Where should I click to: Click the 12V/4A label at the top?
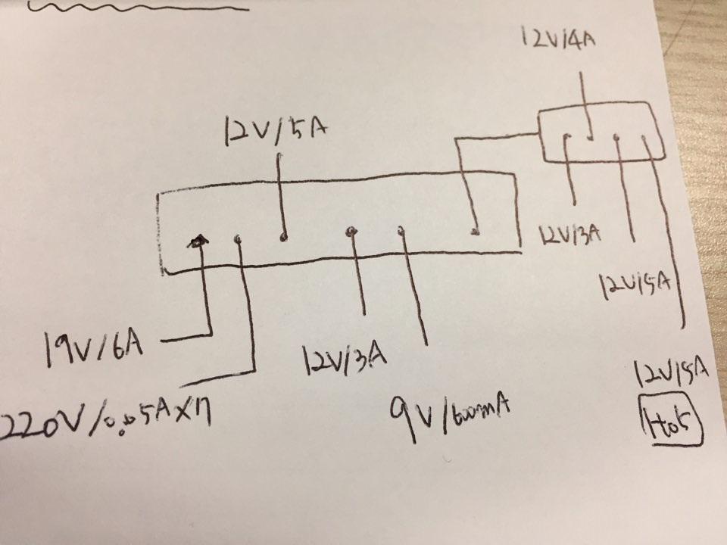pyautogui.click(x=557, y=37)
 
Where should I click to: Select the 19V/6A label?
pyautogui.click(x=94, y=344)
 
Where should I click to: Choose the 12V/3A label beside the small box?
pyautogui.click(x=570, y=235)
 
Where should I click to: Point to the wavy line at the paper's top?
pyautogui.click(x=136, y=8)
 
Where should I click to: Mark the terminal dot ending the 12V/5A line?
pyautogui.click(x=284, y=237)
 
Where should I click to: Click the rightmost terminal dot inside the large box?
pyautogui.click(x=475, y=230)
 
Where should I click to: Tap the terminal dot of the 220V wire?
pyautogui.click(x=239, y=239)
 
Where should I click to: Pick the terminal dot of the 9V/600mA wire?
pyautogui.click(x=399, y=230)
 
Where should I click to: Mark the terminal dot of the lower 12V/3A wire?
pyautogui.click(x=350, y=232)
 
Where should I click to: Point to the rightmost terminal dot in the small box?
pyautogui.click(x=643, y=137)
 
